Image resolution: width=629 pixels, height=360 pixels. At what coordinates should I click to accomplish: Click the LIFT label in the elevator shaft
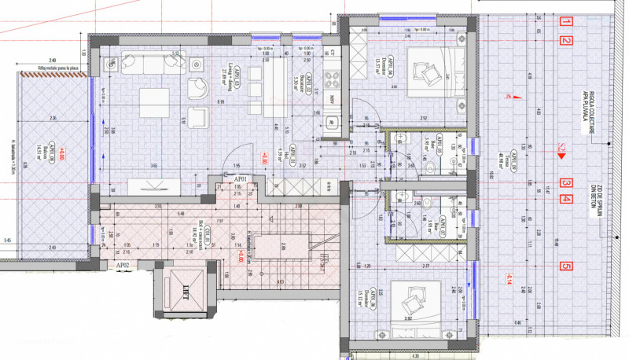187,288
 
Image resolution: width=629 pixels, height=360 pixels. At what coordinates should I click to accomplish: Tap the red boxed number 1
565,22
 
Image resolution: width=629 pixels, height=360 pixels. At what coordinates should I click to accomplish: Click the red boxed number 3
565,184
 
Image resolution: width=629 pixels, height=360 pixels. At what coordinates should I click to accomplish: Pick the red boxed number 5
565,266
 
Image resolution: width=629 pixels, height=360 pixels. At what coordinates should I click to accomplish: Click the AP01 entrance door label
240,179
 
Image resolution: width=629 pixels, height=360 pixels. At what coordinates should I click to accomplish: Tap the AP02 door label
123,266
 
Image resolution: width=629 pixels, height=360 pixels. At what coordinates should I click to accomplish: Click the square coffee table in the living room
154,103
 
